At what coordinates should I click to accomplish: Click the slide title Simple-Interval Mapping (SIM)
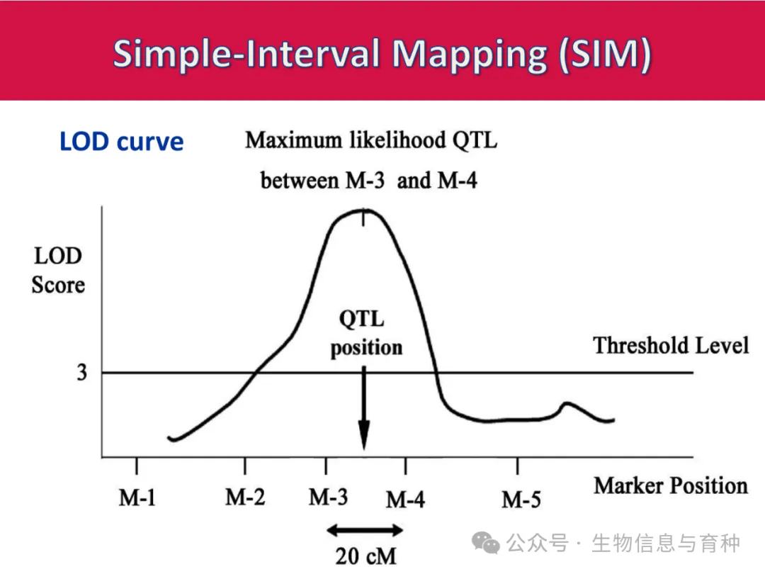(382, 54)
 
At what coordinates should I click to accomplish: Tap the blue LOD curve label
(121, 142)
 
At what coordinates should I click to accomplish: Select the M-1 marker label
(137, 498)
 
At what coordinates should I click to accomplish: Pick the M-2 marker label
(245, 497)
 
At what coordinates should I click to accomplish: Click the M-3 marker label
(328, 497)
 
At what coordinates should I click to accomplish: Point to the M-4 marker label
(405, 500)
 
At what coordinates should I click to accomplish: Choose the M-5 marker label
(521, 500)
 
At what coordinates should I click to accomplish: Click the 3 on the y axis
(82, 373)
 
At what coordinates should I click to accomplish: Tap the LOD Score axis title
(57, 271)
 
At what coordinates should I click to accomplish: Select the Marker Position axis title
(670, 485)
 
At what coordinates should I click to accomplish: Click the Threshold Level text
(670, 345)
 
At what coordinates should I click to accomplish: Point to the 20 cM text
(366, 556)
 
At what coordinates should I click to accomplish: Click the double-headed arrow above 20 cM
(365, 529)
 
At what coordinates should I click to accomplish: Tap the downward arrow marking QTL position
(363, 411)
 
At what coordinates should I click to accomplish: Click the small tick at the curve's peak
(363, 218)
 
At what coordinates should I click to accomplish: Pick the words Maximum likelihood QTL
(371, 140)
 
